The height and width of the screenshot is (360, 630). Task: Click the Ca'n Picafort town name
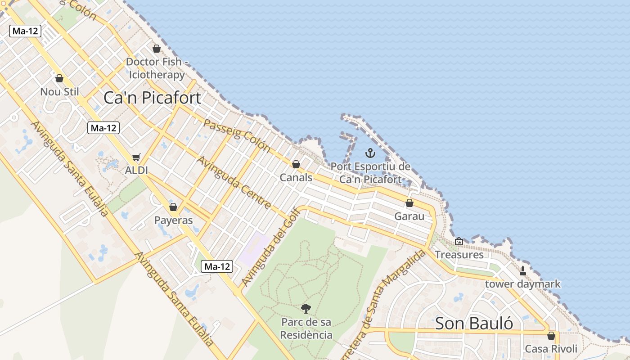[x=152, y=98]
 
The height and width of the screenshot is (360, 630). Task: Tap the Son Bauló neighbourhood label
[x=474, y=323]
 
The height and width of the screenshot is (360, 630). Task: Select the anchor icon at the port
[x=370, y=153]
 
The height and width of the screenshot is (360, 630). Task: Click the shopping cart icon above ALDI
[x=136, y=157]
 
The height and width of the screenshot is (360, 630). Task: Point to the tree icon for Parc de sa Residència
[x=306, y=309]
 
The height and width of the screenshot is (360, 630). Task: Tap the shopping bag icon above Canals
[x=296, y=164]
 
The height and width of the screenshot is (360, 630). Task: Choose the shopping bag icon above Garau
[x=409, y=203]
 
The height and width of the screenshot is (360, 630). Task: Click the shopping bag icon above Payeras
[x=173, y=207]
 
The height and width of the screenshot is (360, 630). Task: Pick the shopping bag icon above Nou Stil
[x=59, y=78]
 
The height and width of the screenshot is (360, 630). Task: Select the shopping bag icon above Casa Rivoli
[x=551, y=336]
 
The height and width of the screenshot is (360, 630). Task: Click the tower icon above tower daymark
[x=523, y=271]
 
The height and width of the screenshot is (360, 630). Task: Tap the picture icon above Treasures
[x=459, y=242]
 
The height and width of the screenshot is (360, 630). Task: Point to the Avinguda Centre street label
[x=234, y=183]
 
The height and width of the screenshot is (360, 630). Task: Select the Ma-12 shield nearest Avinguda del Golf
[x=217, y=266]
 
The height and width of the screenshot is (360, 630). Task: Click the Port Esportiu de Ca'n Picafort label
[x=370, y=173]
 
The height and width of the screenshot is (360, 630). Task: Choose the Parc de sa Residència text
[x=306, y=328]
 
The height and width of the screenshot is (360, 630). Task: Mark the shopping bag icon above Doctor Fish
[x=157, y=49]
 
